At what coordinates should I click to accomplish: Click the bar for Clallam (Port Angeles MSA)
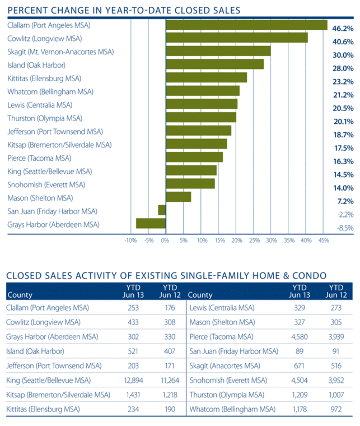click(x=246, y=25)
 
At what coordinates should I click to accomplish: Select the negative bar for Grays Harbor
click(x=151, y=224)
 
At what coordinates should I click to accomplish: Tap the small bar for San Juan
click(x=162, y=210)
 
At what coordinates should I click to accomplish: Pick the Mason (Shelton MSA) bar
click(x=179, y=197)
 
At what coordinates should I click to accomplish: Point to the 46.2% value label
click(x=343, y=29)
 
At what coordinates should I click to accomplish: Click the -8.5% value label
click(x=344, y=228)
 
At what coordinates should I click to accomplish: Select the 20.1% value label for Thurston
click(x=343, y=122)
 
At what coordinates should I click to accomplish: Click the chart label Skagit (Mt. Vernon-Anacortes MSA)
click(x=60, y=52)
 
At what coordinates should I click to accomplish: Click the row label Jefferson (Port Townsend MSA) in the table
click(x=54, y=365)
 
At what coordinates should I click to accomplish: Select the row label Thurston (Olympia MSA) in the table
click(x=222, y=395)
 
